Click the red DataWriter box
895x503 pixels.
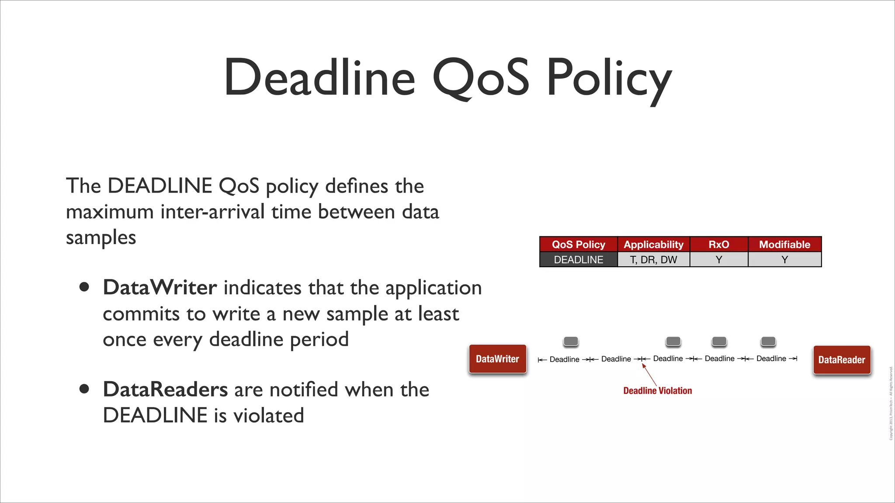(x=497, y=359)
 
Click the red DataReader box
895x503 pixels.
(x=842, y=360)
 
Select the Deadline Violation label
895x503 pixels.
(x=657, y=391)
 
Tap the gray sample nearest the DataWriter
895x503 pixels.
(x=571, y=341)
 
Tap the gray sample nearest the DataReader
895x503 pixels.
(x=768, y=341)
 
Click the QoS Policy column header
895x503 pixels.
(x=578, y=245)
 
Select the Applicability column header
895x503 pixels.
(x=653, y=245)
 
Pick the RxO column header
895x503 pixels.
(x=718, y=245)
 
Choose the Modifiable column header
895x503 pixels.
(x=784, y=245)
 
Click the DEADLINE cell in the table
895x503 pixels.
(x=578, y=260)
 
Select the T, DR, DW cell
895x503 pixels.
(x=653, y=260)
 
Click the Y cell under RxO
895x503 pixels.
(x=718, y=260)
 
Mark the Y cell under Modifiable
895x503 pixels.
(x=784, y=260)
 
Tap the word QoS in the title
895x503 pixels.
(x=481, y=79)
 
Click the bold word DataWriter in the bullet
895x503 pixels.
(x=160, y=288)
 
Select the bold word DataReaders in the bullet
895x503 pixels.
(x=165, y=389)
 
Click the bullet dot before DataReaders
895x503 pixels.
(x=84, y=389)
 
